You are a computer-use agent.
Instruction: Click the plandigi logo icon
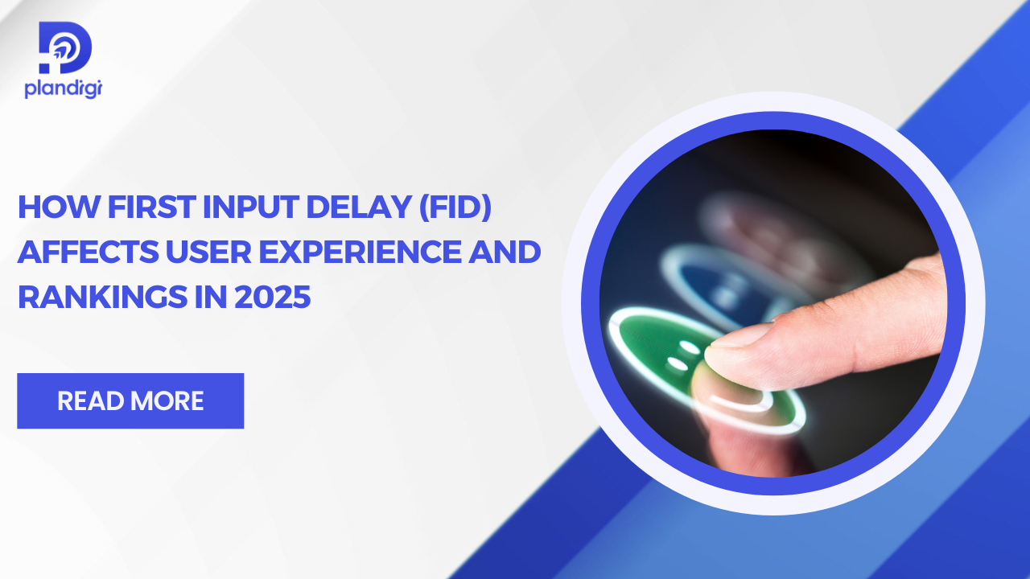click(65, 48)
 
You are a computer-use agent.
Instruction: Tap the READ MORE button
click(130, 400)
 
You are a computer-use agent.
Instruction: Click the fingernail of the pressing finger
click(738, 337)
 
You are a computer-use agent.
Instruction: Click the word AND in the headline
click(507, 253)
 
